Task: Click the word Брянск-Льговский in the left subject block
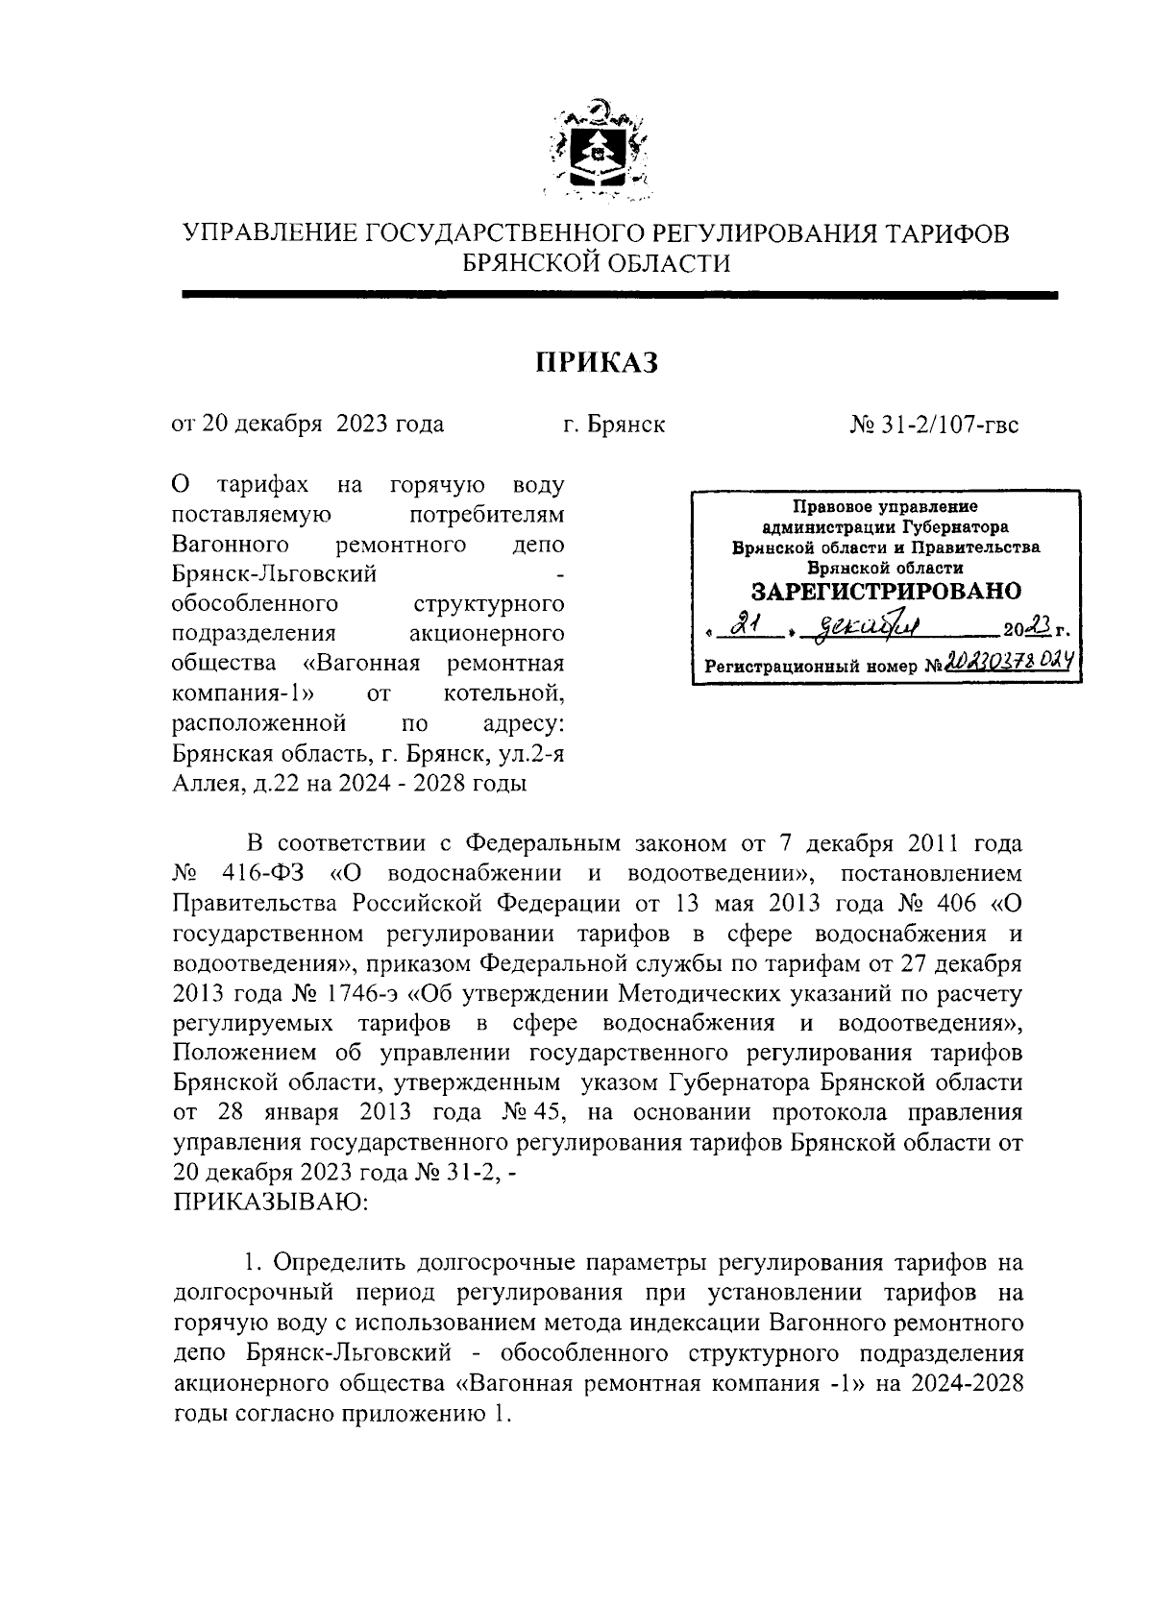coord(274,574)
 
